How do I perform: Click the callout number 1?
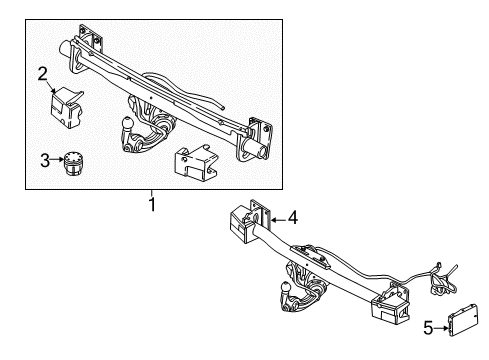click(152, 205)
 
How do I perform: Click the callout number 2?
click(42, 72)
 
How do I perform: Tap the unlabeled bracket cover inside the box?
click(198, 163)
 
